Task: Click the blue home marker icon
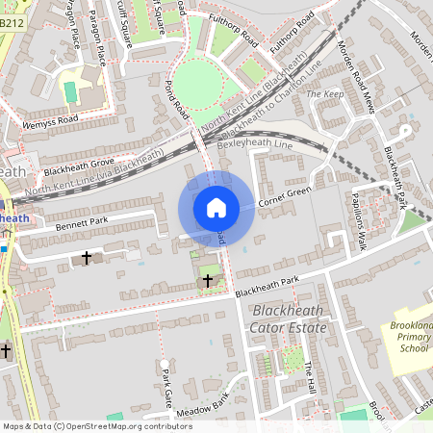(x=216, y=208)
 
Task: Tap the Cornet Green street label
(x=287, y=196)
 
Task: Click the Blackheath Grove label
(x=79, y=167)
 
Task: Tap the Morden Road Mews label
(x=357, y=76)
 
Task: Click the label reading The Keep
(x=323, y=94)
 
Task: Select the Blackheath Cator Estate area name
(x=289, y=319)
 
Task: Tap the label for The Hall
(x=309, y=376)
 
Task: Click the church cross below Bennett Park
(x=87, y=258)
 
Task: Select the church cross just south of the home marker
(x=208, y=280)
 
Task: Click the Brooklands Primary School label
(x=410, y=338)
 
